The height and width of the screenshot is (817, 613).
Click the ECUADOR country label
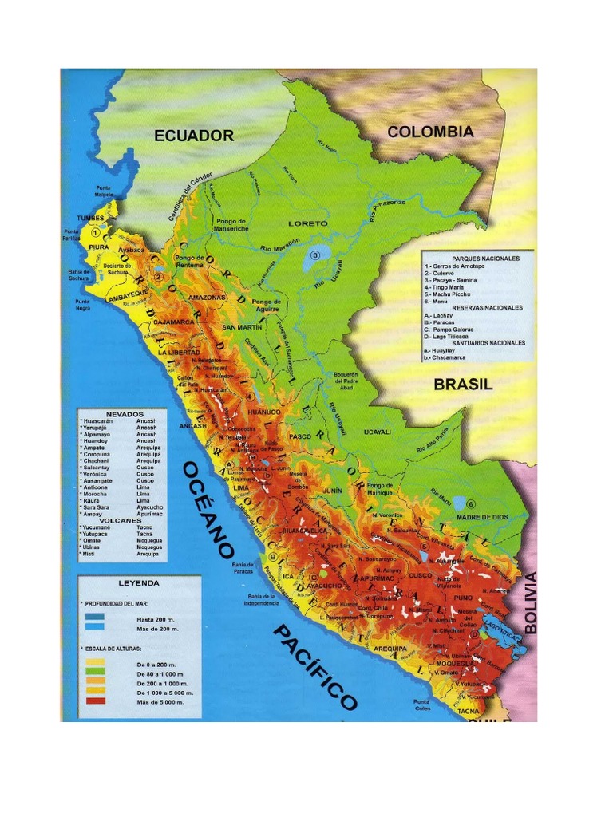[x=194, y=136]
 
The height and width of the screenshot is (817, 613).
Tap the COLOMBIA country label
[x=430, y=132]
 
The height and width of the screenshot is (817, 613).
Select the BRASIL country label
[x=463, y=384]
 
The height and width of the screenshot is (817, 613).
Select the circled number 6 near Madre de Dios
[x=471, y=504]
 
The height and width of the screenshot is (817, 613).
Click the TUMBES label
[x=90, y=218]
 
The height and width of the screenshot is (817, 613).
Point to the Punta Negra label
[x=82, y=303]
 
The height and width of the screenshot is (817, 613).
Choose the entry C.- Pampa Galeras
[x=456, y=329]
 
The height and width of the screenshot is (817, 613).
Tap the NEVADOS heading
[x=125, y=415]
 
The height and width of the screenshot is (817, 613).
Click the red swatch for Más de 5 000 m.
[x=95, y=702]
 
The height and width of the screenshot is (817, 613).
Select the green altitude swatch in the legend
[x=95, y=674]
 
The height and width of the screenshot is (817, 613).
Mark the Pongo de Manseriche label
[x=231, y=224]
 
